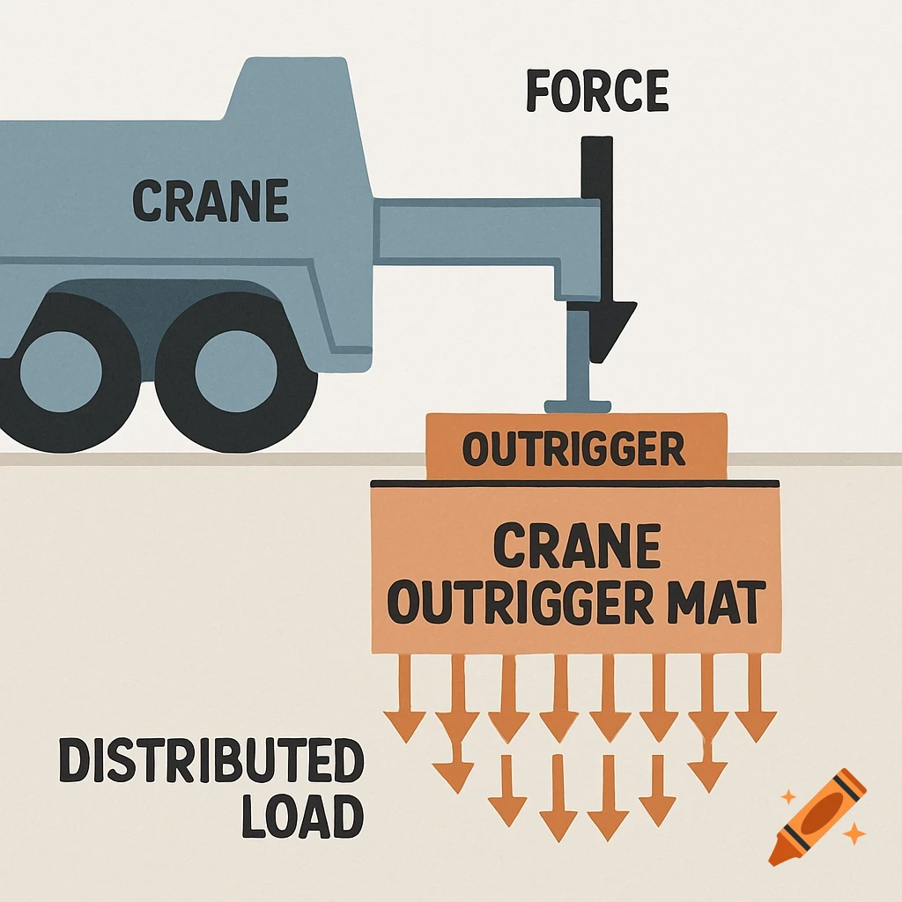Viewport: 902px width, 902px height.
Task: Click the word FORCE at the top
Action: [597, 92]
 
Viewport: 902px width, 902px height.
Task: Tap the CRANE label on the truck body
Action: [211, 201]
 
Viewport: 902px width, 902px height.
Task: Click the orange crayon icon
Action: [817, 816]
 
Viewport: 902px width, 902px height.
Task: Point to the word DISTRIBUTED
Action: [211, 763]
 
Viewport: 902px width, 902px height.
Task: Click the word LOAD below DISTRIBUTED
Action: [302, 818]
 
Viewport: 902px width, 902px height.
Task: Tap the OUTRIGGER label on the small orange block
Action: [573, 450]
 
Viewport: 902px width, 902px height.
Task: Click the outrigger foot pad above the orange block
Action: [578, 406]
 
